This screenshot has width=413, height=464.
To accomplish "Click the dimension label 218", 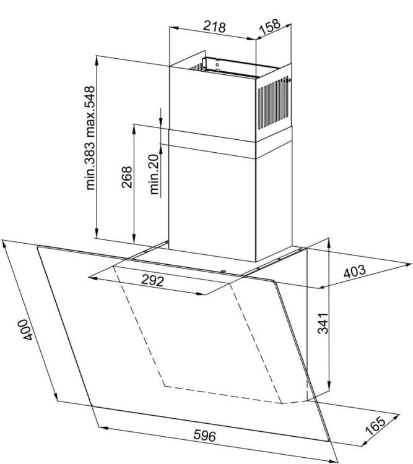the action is tap(214, 27).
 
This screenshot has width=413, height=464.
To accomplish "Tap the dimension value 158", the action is tap(269, 27).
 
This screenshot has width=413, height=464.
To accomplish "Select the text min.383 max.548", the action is tap(90, 138).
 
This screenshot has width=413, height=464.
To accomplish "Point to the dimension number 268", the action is tap(127, 177).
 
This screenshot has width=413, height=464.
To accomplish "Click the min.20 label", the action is tap(154, 174).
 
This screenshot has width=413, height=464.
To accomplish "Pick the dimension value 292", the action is tap(152, 280).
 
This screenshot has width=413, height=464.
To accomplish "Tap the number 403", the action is tap(355, 272).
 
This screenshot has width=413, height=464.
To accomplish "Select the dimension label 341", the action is tap(323, 323).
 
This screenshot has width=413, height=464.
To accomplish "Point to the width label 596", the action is tap(205, 436).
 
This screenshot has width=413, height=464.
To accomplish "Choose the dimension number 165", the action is tap(375, 426).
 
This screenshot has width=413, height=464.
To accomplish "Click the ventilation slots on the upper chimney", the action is tap(273, 103).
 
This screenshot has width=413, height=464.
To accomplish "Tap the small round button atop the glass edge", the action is tap(222, 271).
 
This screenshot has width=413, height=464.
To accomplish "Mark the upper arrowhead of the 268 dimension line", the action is tap(134, 129).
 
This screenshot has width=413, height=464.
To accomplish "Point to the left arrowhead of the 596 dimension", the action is tap(102, 428).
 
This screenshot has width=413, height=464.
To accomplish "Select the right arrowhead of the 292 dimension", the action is tap(201, 293).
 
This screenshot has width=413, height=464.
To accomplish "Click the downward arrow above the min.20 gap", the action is tap(160, 120).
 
